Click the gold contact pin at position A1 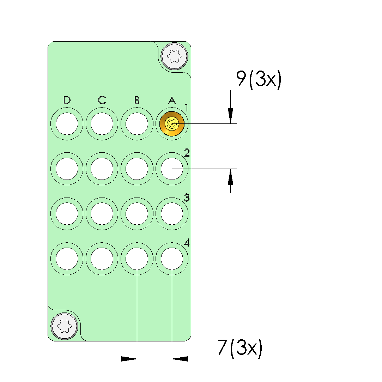click(172, 124)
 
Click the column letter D click(67, 101)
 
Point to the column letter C click(102, 101)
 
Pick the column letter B click(137, 101)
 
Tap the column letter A click(172, 101)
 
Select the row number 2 click(187, 153)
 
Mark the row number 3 click(187, 198)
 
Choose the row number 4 click(187, 243)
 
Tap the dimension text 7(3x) click(240, 348)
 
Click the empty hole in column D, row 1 click(67, 124)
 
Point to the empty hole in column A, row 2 click(172, 169)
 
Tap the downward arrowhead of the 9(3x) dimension click(230, 115)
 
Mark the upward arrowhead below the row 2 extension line click(230, 177)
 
